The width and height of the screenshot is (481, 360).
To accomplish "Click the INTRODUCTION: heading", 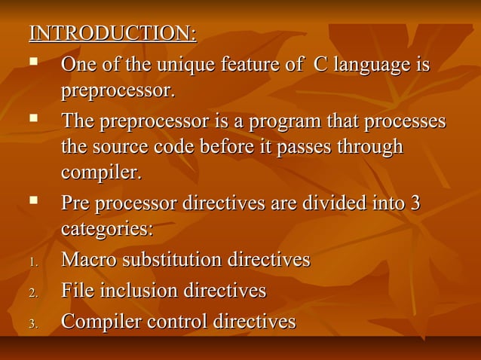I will [112, 34].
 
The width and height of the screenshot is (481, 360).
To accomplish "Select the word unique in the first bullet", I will [182, 66].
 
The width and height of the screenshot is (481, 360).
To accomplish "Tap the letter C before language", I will [320, 66].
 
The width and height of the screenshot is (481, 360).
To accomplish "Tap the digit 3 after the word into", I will [414, 204].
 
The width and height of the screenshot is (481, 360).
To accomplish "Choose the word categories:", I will [106, 229].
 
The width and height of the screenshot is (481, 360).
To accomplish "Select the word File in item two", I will [76, 291].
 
